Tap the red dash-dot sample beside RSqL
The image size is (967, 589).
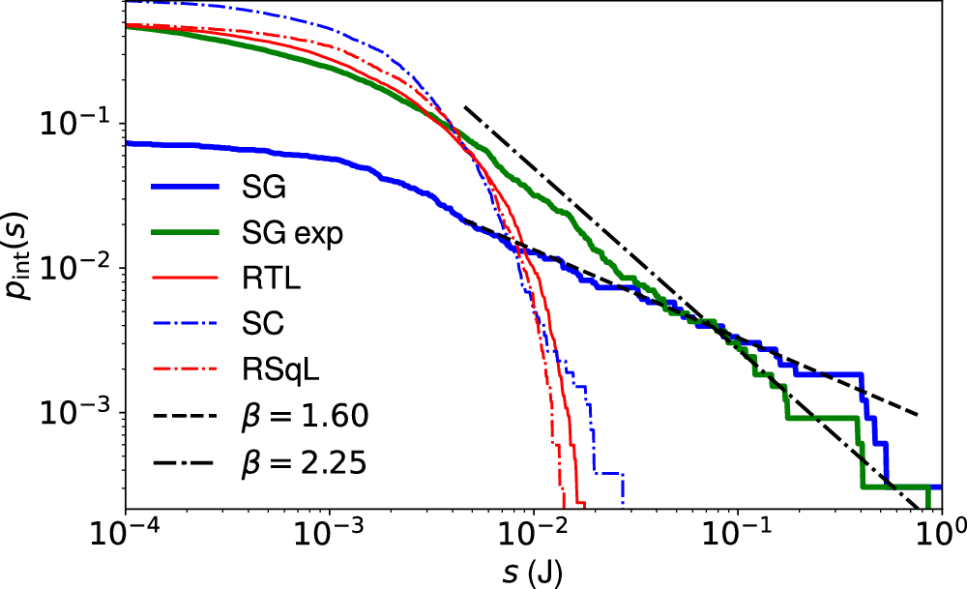coord(187,371)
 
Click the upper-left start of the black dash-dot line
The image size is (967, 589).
coord(465,106)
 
